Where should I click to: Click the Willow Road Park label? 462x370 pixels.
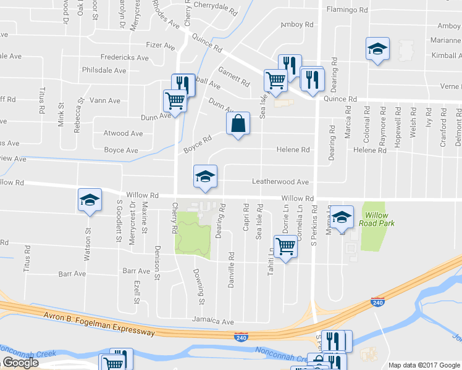[x=376, y=219]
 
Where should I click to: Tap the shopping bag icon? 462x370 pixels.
[x=238, y=125]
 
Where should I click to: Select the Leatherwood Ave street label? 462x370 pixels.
[x=280, y=182]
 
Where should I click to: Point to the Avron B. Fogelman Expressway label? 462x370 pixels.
[x=99, y=324]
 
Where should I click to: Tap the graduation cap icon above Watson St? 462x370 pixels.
[x=90, y=200]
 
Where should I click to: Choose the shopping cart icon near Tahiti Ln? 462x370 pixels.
[x=285, y=246]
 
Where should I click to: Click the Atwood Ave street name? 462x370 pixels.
[x=124, y=133]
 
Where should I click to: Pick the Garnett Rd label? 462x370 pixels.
[x=233, y=76]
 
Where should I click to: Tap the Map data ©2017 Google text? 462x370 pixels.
[x=424, y=365]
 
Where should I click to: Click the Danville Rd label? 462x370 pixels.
[x=231, y=263]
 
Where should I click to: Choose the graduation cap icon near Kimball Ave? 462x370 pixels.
[x=377, y=49]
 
